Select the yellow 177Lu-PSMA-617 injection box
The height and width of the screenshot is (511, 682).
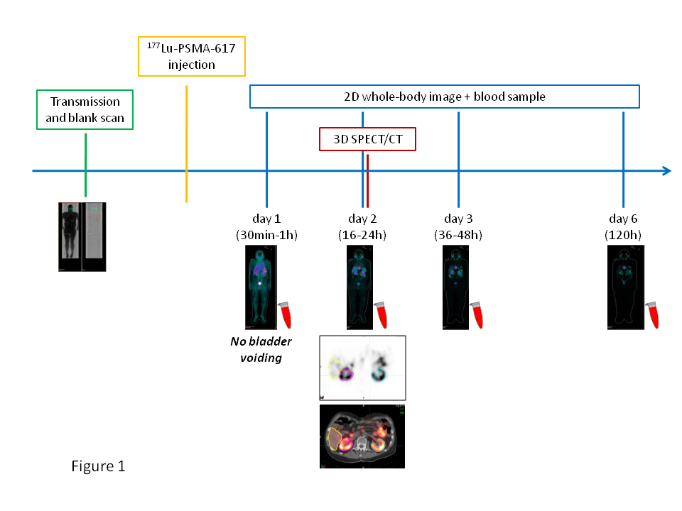[191, 55]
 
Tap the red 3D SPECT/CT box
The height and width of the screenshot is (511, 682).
[367, 139]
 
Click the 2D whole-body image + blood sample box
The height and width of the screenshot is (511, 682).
[445, 97]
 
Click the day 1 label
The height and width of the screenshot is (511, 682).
[266, 219]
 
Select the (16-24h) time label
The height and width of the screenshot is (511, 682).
[362, 234]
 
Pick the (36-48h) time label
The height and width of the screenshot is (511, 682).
[458, 234]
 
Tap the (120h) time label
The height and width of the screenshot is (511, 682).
[623, 234]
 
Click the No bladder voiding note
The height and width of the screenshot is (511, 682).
[261, 349]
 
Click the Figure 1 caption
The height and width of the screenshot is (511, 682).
[98, 466]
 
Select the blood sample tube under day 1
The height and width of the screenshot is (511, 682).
[285, 314]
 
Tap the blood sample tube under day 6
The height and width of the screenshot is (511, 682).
[654, 314]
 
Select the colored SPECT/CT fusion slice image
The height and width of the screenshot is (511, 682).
[362, 436]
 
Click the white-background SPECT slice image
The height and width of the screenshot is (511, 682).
[362, 368]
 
